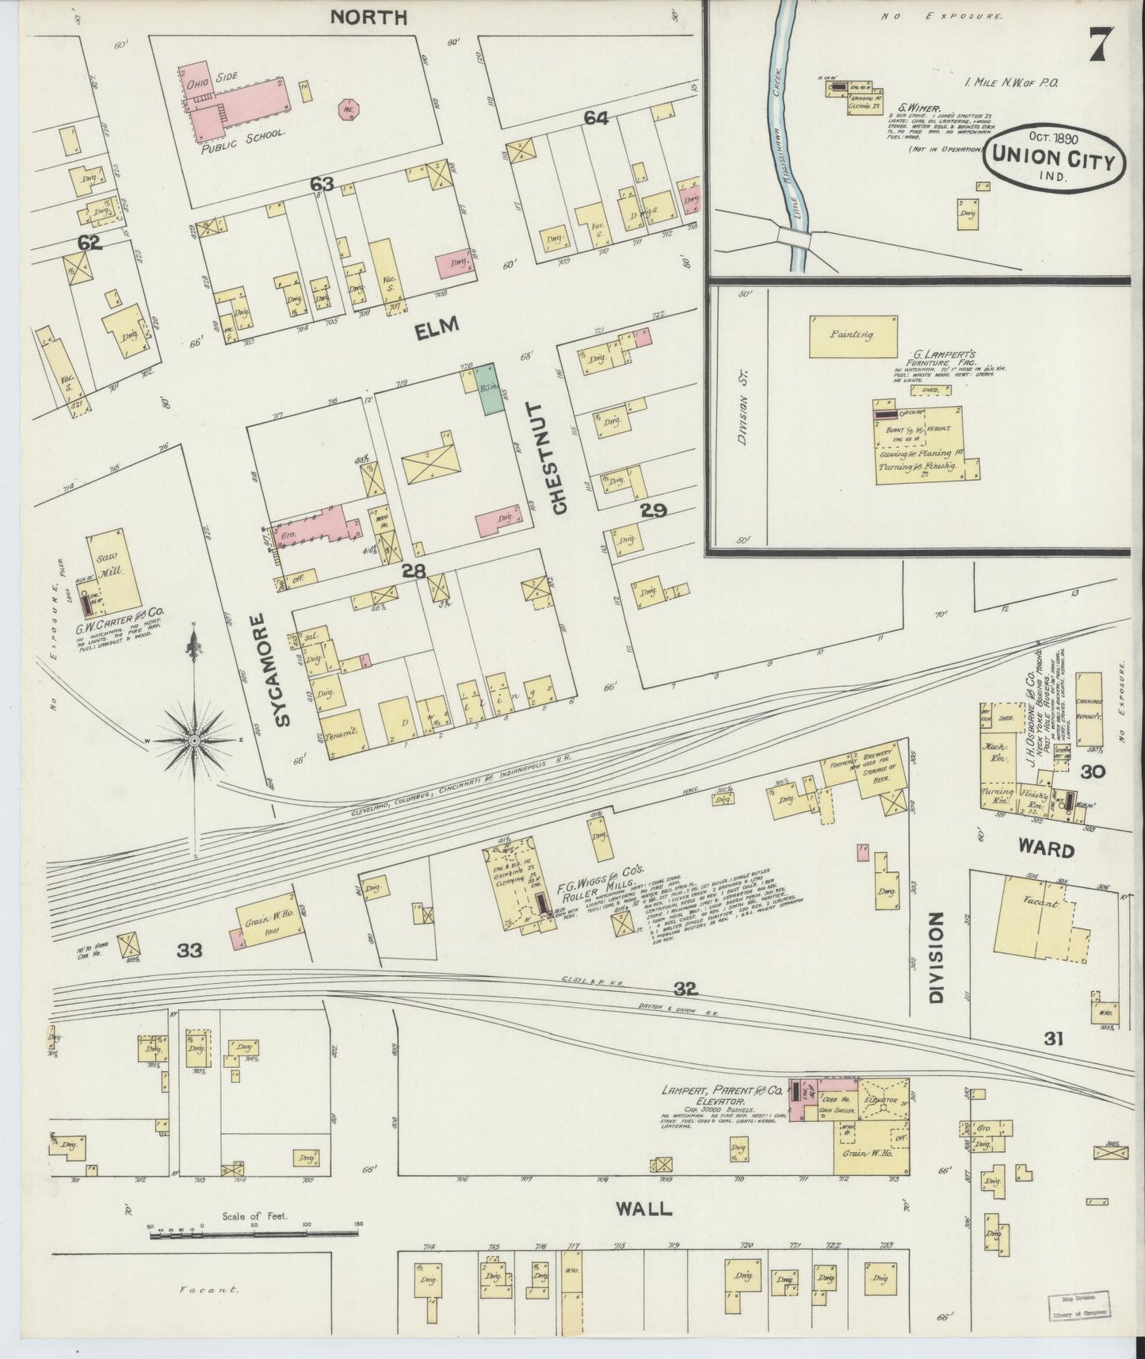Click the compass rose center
point(193,741)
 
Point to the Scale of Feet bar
point(254,1250)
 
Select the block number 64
point(596,118)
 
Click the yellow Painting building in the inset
point(853,335)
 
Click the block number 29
point(654,511)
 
